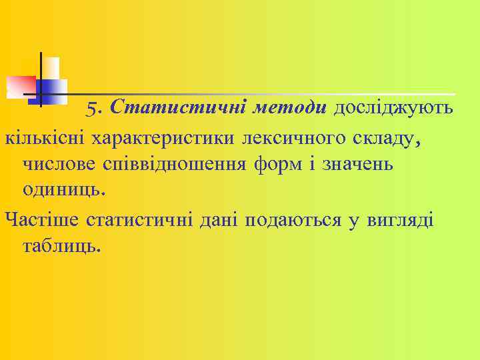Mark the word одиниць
pos(63,189)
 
